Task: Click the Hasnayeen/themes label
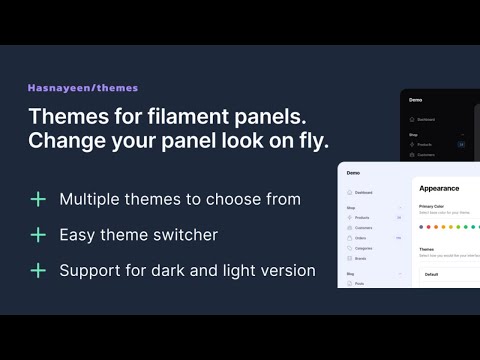83,88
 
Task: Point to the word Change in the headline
63,141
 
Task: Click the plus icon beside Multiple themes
38,199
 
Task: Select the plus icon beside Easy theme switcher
38,235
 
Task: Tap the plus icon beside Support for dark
38,270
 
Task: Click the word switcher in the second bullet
188,235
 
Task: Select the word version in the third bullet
288,270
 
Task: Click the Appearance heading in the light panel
439,187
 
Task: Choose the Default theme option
431,273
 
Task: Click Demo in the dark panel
416,100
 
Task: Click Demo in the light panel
353,172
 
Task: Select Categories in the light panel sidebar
365,249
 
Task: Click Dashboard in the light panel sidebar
364,192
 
